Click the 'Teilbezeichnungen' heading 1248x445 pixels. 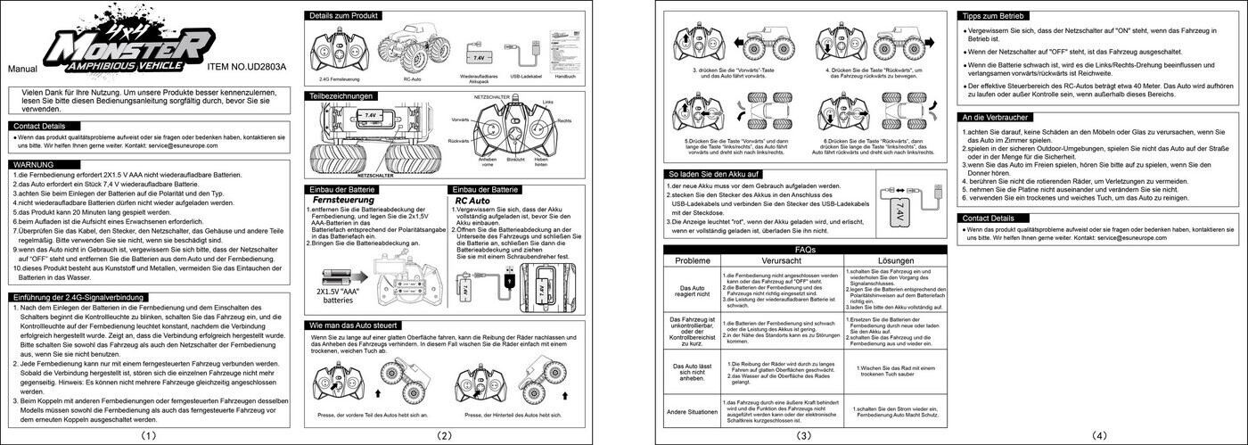(341, 95)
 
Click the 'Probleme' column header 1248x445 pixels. (693, 260)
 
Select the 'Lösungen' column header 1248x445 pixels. (896, 260)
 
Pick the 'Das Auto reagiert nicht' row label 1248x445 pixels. (693, 293)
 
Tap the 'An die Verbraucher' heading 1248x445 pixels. (995, 117)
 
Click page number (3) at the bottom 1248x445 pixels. (803, 435)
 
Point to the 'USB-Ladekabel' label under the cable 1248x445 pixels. (527, 78)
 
